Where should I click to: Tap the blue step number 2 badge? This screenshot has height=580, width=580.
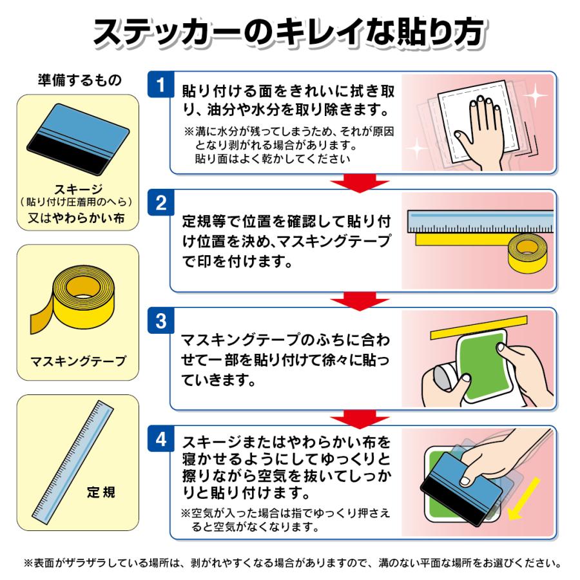click(160, 204)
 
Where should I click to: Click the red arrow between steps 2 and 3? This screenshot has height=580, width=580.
click(353, 300)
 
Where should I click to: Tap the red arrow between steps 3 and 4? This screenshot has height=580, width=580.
click(353, 418)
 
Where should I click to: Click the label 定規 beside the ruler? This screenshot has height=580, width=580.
click(101, 493)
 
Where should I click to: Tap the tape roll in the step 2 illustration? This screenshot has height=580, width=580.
click(527, 253)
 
